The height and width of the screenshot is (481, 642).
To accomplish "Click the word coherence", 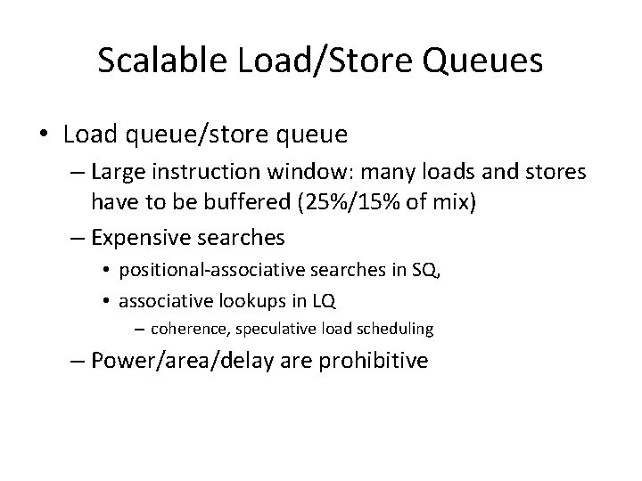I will pos(187,330).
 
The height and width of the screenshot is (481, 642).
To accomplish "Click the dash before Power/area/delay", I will pos(76,361).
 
